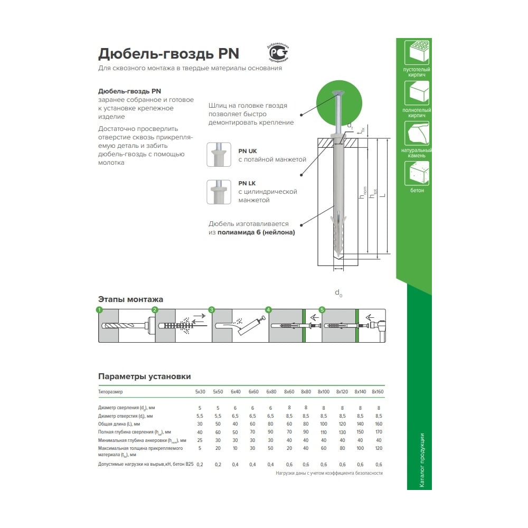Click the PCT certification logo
pos(278,52)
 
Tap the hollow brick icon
pos(417,52)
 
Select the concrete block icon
pos(417,173)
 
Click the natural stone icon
pos(417,133)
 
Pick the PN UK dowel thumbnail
pos(219,155)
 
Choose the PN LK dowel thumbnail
pos(219,192)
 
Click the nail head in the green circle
pos(338,92)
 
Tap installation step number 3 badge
pos(212,310)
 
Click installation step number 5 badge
pos(322,310)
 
